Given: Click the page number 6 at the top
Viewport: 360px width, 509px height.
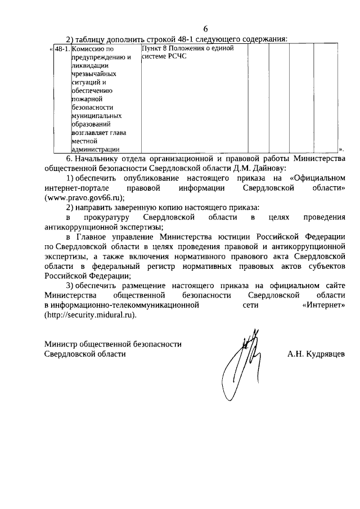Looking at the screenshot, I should (x=205, y=29).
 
